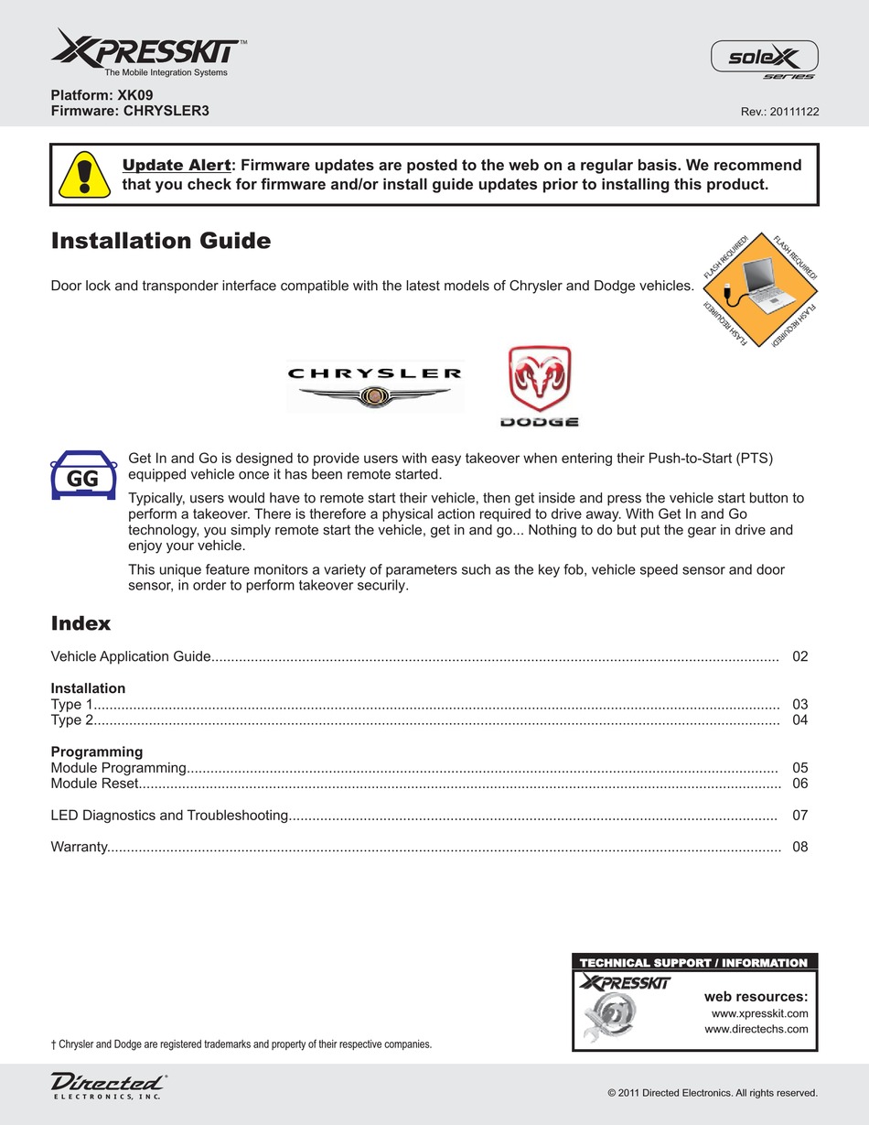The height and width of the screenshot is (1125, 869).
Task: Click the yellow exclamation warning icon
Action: click(85, 174)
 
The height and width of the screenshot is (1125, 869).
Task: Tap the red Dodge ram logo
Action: click(539, 384)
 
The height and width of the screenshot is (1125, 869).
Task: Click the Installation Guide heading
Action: click(161, 241)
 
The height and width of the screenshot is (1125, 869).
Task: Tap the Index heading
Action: click(80, 623)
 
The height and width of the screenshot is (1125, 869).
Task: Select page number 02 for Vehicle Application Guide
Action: click(800, 656)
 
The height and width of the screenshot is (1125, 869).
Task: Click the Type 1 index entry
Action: click(72, 704)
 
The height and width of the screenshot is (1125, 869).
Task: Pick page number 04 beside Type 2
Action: click(800, 720)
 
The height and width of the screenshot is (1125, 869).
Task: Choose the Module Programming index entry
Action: click(119, 767)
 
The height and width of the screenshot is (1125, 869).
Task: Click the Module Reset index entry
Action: click(95, 784)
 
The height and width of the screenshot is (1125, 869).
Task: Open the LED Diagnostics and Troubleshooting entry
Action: click(170, 815)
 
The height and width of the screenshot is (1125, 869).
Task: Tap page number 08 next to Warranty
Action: click(800, 847)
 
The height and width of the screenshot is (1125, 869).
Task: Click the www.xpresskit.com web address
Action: click(759, 1013)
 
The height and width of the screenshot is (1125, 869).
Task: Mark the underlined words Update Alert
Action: click(177, 166)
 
